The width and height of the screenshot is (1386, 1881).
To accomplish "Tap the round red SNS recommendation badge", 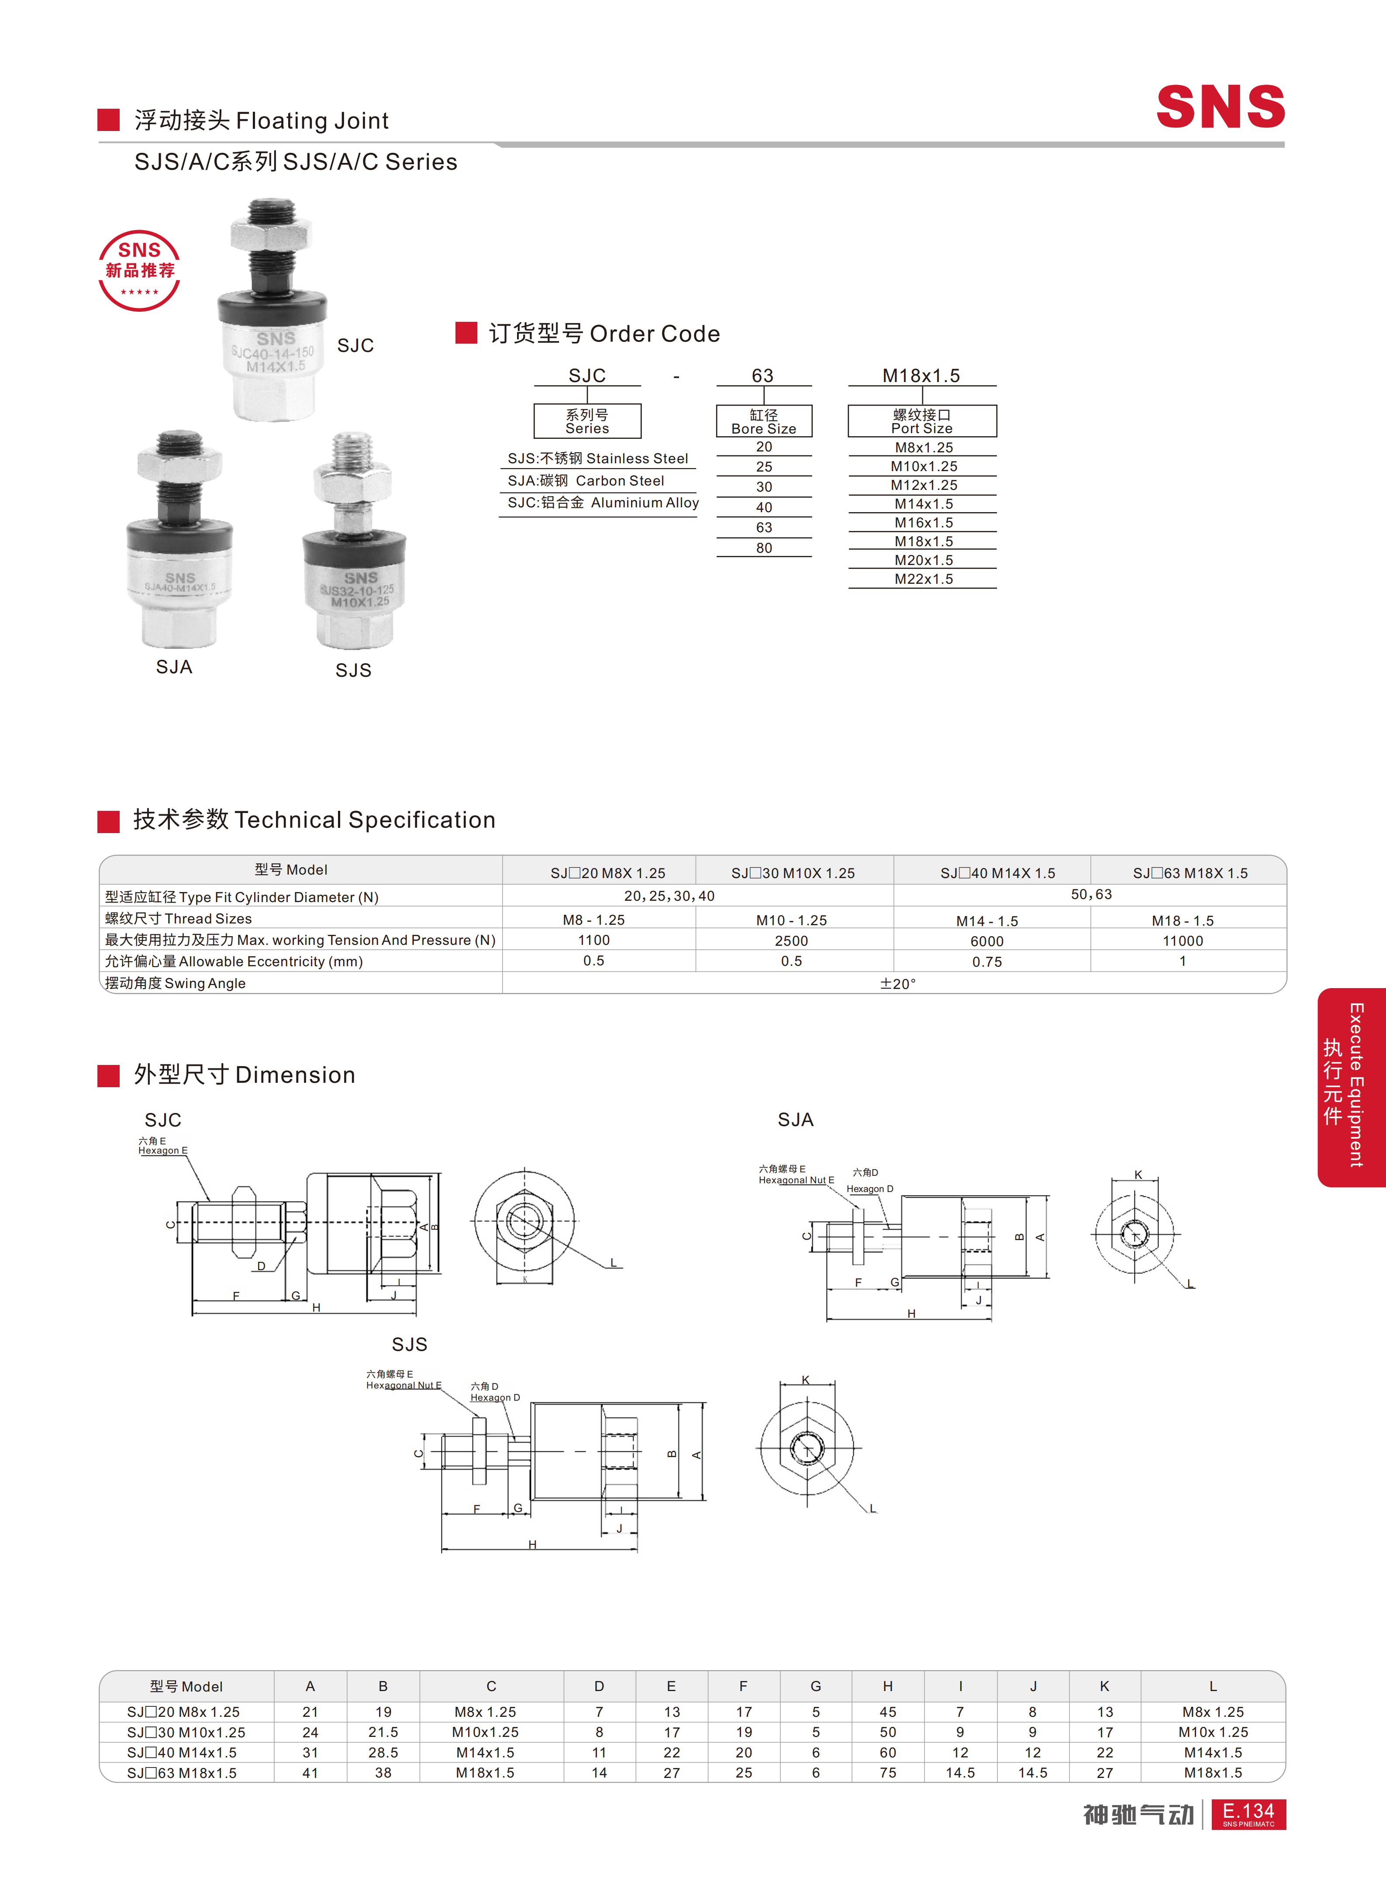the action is coord(139,270).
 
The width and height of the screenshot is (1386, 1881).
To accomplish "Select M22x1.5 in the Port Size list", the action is coord(923,579).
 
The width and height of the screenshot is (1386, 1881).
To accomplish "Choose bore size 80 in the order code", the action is coord(763,548).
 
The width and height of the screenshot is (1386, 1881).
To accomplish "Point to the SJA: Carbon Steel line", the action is coord(586,481).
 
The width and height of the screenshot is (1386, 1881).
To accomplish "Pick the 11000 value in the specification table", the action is coord(1182,941).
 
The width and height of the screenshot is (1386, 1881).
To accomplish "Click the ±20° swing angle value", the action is coord(898,983).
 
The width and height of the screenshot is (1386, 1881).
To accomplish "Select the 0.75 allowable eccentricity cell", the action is coord(986,961).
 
